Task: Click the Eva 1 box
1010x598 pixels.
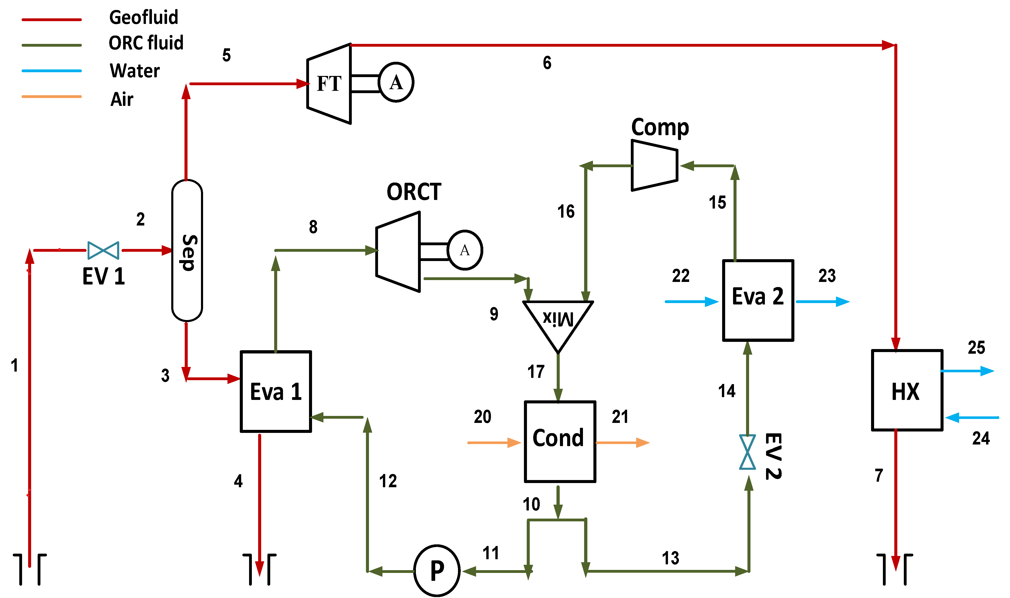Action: tap(276, 392)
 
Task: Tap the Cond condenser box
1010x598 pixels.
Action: tap(560, 442)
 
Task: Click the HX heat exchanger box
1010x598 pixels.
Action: tap(907, 390)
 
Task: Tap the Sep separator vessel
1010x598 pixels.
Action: tap(187, 251)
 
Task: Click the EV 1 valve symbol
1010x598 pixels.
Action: tap(103, 251)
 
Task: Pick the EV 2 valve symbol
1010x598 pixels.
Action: tap(748, 452)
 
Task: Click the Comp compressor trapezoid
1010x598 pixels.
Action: tap(654, 165)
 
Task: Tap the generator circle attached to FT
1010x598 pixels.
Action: tap(396, 82)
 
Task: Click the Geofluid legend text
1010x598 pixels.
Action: tap(144, 17)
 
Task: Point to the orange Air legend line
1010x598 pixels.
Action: tap(52, 97)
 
